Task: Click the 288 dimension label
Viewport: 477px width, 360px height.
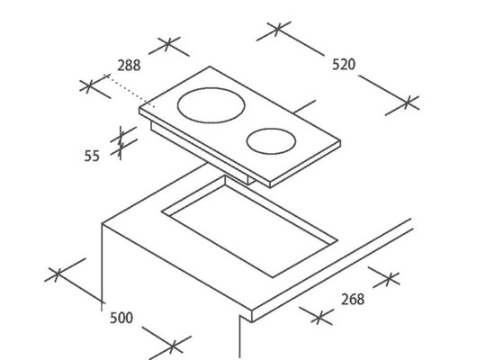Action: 129,66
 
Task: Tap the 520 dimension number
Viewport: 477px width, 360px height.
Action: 344,65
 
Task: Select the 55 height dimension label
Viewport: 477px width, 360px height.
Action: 92,156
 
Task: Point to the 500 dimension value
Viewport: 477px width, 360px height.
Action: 121,318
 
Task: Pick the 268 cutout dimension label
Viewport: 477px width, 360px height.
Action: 353,300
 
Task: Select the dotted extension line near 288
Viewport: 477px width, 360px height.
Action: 130,91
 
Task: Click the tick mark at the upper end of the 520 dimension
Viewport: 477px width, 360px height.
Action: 278,29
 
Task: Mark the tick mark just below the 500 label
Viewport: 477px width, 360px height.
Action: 172,346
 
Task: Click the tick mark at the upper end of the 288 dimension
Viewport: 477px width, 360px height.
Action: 167,45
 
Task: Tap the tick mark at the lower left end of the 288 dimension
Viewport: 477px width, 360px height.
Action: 88,86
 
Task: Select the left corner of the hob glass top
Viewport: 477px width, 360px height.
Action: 139,108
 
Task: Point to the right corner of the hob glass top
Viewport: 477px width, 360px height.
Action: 340,141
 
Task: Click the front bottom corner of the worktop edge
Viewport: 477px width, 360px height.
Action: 252,321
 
